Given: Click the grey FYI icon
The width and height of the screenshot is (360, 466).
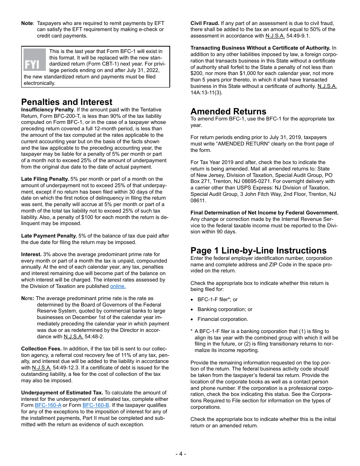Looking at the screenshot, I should [34, 60].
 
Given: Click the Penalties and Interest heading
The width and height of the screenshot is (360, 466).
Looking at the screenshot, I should [67, 102].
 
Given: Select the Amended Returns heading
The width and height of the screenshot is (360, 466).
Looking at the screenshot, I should [228, 111].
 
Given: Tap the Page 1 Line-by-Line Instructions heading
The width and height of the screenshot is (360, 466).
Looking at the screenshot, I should [258, 250].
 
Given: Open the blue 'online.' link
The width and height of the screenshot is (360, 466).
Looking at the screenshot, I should [117, 286].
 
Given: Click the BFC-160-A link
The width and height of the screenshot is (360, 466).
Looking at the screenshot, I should [48, 405].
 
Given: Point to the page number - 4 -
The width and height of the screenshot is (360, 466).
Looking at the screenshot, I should [180, 454].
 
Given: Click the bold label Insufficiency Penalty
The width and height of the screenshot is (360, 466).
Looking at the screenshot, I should [47, 110].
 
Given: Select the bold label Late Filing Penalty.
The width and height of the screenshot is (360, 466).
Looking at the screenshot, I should [45, 179].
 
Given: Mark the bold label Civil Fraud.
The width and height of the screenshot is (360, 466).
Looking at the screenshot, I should [205, 23].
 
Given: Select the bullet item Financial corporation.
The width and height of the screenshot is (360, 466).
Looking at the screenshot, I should [222, 319].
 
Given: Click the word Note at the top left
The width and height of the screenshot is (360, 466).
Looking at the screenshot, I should [27, 23].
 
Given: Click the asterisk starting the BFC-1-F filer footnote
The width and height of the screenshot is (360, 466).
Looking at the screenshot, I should [192, 331].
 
